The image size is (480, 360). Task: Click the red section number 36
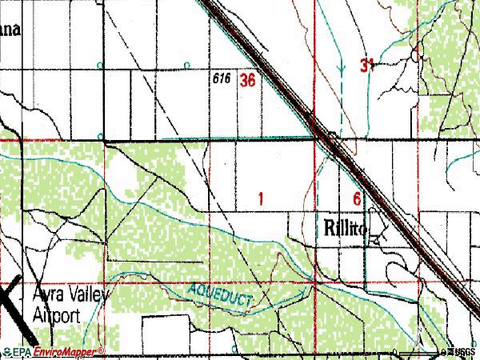tap(247, 80)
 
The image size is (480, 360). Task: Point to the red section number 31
tap(367, 66)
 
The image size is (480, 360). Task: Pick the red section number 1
tap(262, 197)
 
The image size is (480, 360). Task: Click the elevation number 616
tap(222, 80)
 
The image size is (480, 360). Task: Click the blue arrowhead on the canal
tap(342, 69)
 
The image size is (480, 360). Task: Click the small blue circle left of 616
tap(187, 65)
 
